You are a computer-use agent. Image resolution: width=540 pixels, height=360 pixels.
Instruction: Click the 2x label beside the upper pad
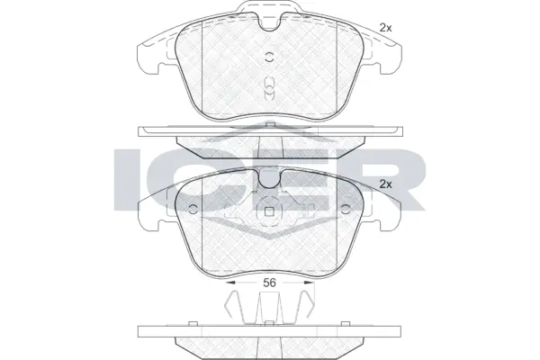[386, 28]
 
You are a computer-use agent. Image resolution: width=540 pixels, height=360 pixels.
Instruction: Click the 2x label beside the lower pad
[386, 184]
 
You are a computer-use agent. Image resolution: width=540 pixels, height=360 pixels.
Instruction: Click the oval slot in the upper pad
[269, 86]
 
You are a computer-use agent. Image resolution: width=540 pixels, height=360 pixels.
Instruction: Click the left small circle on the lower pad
[192, 210]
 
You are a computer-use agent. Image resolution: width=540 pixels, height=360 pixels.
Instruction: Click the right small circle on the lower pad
[346, 210]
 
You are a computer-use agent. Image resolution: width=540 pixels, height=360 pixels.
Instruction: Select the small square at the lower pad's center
[269, 213]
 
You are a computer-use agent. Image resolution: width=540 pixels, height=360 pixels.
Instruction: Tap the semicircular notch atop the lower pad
[269, 179]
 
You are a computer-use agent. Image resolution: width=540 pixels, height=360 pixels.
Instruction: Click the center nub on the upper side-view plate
[269, 123]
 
